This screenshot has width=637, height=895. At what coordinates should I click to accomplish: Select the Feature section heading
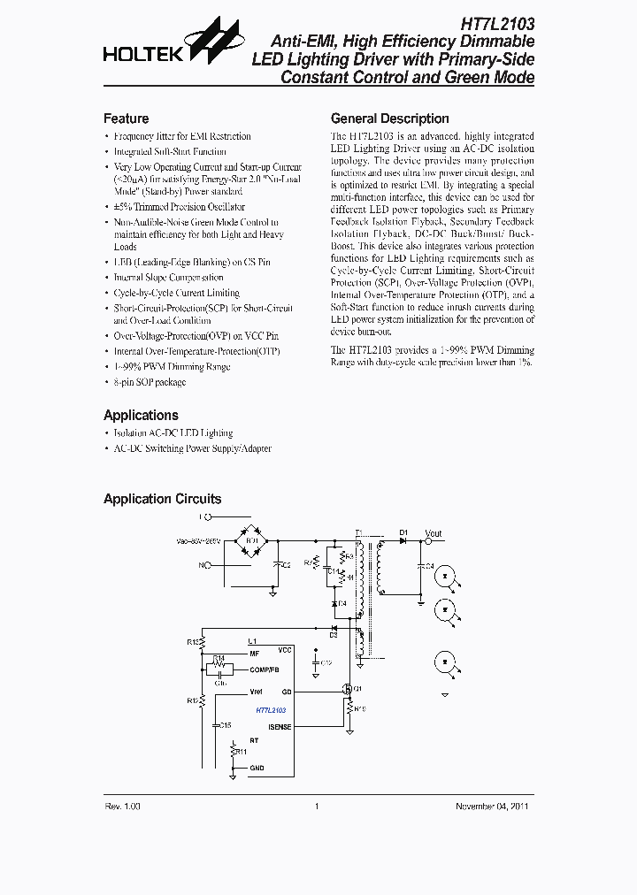pyautogui.click(x=126, y=119)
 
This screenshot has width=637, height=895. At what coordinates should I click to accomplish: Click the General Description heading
pyautogui.click(x=389, y=119)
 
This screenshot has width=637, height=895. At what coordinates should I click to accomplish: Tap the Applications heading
pyautogui.click(x=141, y=415)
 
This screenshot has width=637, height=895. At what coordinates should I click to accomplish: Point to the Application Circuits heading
pyautogui.click(x=162, y=499)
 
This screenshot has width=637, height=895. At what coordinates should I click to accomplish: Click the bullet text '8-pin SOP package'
pyautogui.click(x=150, y=382)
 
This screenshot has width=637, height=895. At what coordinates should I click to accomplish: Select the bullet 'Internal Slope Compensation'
pyautogui.click(x=168, y=278)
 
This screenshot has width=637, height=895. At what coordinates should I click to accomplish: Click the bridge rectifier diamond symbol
pyautogui.click(x=251, y=539)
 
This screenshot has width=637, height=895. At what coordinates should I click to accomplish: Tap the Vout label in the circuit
pyautogui.click(x=433, y=533)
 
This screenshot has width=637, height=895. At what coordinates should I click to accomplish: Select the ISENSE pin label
pyautogui.click(x=280, y=727)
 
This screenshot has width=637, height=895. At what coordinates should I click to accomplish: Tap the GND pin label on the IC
pyautogui.click(x=257, y=768)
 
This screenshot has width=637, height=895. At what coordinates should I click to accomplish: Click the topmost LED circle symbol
pyautogui.click(x=447, y=576)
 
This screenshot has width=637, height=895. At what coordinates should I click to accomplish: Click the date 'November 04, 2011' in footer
pyautogui.click(x=493, y=806)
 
